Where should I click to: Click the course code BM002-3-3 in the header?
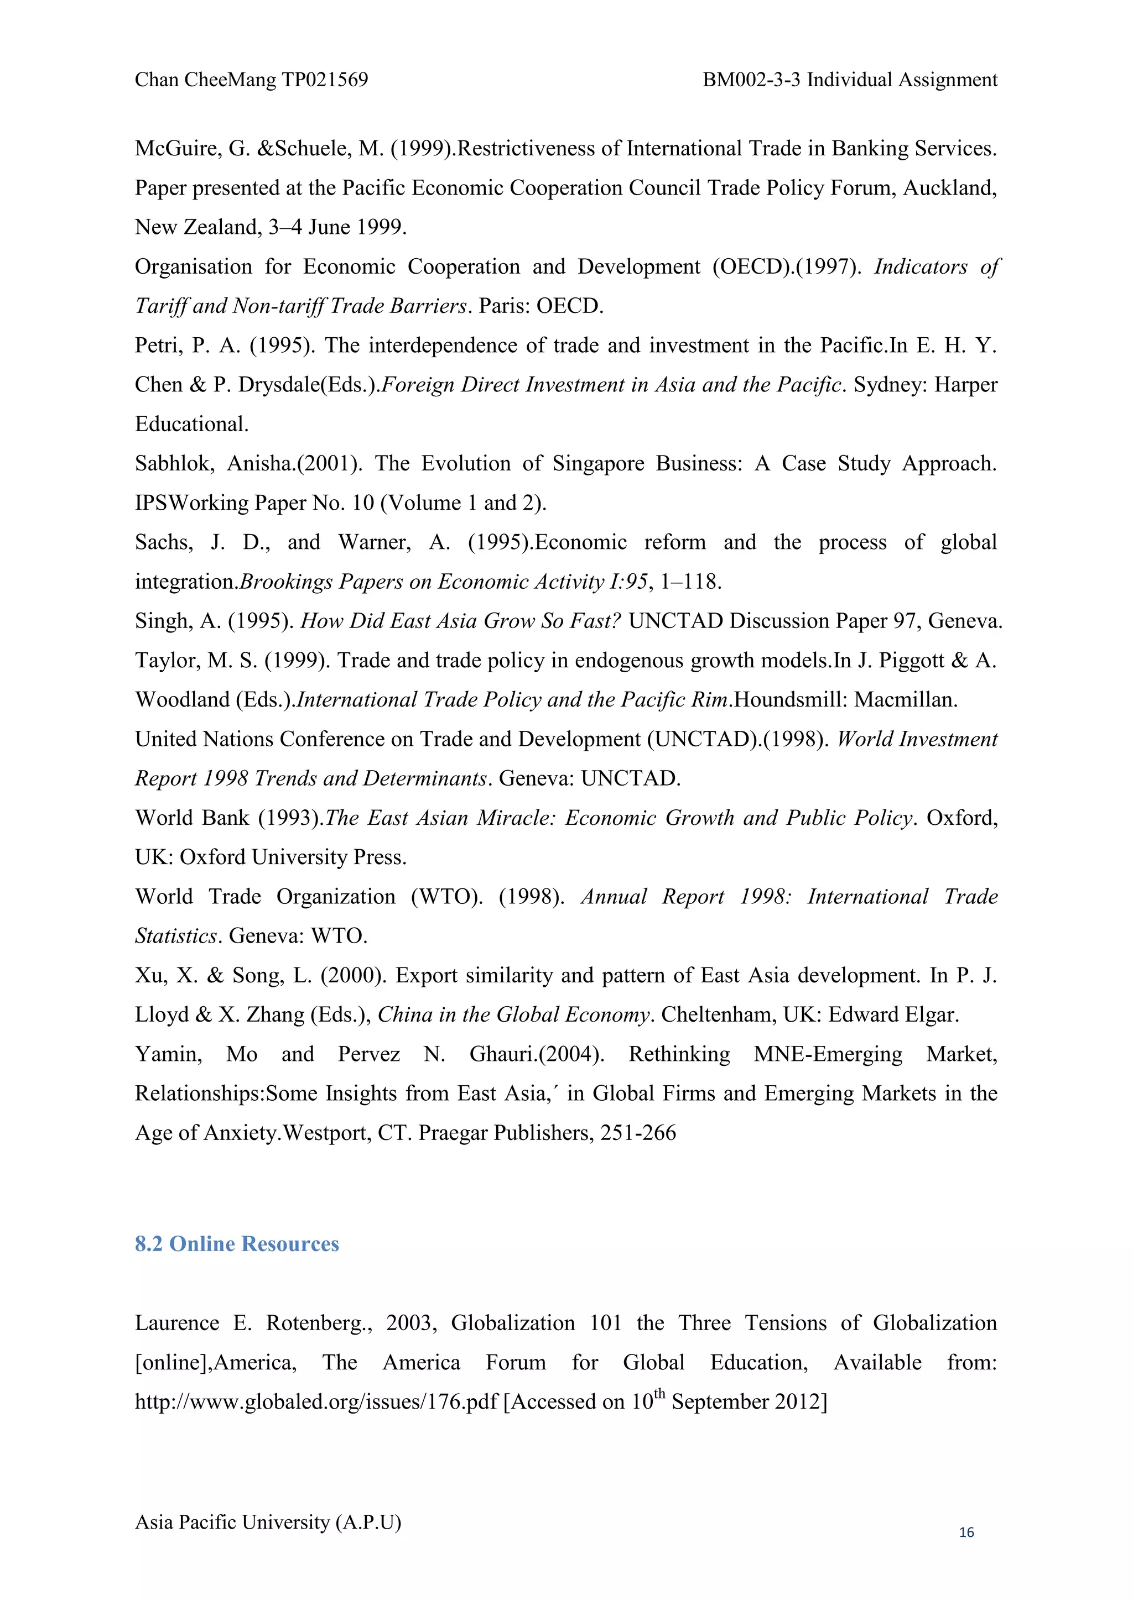click(751, 80)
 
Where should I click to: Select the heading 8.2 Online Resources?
click(237, 1244)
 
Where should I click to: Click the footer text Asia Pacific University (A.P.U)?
click(268, 1521)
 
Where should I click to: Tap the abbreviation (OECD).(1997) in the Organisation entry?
click(787, 267)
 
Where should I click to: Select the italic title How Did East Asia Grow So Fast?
click(460, 621)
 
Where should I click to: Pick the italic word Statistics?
click(176, 936)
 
